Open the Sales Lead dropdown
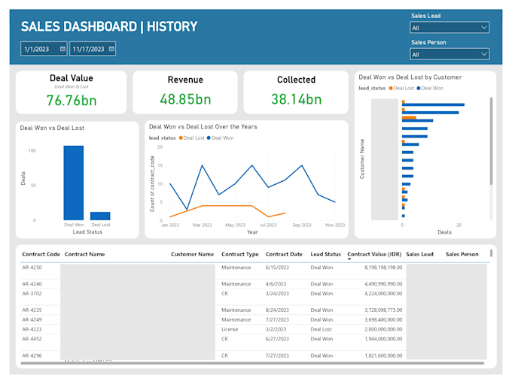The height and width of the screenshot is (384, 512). coord(450,28)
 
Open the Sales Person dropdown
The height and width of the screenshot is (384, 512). coord(450,54)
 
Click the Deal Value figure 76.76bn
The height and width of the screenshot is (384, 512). coord(71,101)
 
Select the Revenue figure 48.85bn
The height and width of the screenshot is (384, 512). coord(185,99)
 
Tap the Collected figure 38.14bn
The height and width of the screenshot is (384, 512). coord(296,99)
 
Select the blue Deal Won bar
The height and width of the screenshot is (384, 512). coord(74,183)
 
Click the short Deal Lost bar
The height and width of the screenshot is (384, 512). coord(100,216)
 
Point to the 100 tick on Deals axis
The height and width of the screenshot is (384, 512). coord(31,151)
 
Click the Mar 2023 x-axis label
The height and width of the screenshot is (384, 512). coord(202,225)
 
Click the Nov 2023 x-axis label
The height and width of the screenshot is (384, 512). coord(334,225)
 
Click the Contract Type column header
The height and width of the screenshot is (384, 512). coord(239,255)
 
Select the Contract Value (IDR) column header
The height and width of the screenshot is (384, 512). coord(375,255)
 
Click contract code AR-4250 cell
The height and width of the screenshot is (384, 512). coord(32,268)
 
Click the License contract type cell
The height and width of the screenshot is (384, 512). coord(230,329)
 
